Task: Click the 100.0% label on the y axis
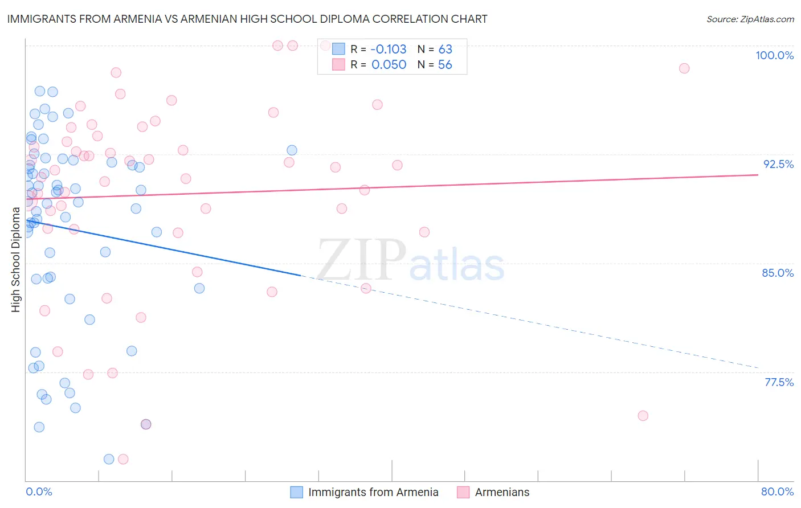(x=774, y=55)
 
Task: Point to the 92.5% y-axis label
(x=778, y=164)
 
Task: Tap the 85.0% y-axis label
(x=778, y=273)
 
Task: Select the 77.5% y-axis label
(x=779, y=382)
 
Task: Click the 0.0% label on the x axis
(x=39, y=491)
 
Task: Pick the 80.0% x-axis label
(x=777, y=491)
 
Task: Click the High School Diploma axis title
(x=16, y=259)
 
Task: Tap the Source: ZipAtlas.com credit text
(x=750, y=19)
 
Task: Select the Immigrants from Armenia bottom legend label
(x=373, y=492)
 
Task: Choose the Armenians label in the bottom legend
(x=502, y=492)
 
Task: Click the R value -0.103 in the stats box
(x=389, y=49)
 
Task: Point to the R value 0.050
(x=389, y=65)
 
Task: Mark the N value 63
(x=445, y=49)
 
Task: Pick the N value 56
(x=445, y=65)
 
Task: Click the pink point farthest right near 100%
(x=684, y=68)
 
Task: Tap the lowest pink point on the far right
(x=643, y=416)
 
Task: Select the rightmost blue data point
(x=292, y=150)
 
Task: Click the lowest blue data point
(x=109, y=459)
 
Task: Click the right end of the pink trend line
(x=758, y=175)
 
